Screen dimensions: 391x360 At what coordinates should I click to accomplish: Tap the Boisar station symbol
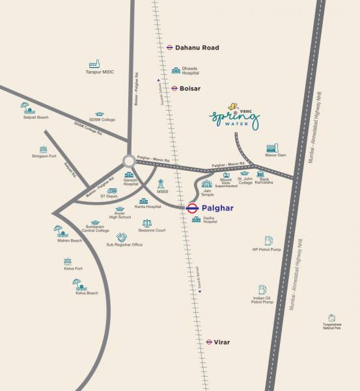coord(174,87)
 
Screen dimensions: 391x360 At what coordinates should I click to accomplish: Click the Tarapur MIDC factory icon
coord(94,65)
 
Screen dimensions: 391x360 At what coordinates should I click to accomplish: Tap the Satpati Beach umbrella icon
coord(25,106)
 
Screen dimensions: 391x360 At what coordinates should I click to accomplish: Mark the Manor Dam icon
coord(272,148)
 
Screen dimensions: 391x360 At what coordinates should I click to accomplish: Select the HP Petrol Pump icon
coord(268,241)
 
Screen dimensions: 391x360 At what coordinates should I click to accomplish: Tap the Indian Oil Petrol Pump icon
coord(262,289)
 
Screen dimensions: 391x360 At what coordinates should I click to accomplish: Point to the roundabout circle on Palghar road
coord(129,160)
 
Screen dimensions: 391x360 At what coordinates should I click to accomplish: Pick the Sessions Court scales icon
coord(146,223)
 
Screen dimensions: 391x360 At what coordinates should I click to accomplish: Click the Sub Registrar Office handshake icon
coord(121,237)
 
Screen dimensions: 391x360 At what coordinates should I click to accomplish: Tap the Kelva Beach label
coord(87,293)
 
